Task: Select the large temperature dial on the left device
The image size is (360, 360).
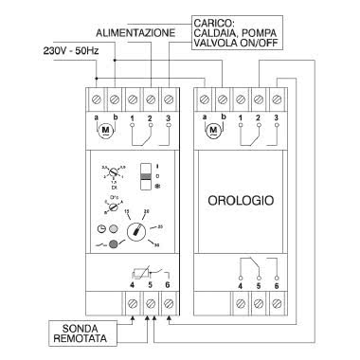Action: (x=140, y=229)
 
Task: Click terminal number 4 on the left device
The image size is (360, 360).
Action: (x=132, y=284)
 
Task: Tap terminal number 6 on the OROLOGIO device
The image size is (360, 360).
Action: (x=277, y=284)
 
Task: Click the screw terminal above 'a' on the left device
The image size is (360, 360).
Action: (x=97, y=99)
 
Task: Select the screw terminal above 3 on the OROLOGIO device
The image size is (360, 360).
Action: (x=276, y=99)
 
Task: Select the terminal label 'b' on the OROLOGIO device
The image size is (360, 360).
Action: (x=224, y=116)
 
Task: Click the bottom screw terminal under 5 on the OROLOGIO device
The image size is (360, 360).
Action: (x=258, y=304)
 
